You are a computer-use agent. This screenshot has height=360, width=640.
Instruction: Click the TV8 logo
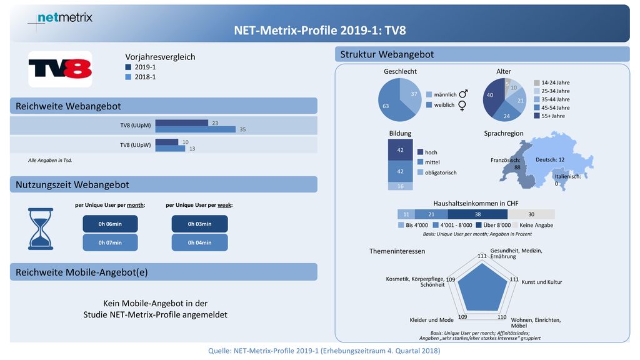click(x=60, y=69)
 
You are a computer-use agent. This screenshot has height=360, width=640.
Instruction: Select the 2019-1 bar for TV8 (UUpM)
click(x=182, y=123)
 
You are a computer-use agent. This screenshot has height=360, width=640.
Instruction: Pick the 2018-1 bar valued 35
click(x=196, y=129)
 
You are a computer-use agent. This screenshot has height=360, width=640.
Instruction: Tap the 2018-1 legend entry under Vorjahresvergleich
click(x=141, y=77)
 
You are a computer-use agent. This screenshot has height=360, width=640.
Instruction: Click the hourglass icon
click(x=41, y=229)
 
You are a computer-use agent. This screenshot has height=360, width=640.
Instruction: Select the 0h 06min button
click(x=110, y=224)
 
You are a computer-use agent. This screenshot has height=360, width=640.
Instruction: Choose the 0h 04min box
click(x=199, y=242)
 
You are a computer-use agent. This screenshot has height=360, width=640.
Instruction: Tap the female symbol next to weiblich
click(x=462, y=106)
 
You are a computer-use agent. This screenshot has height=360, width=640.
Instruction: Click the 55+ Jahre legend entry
click(x=549, y=116)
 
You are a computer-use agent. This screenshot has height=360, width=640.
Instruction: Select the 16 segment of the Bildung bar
click(x=401, y=186)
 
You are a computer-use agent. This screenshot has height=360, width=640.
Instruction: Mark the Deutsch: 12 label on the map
click(x=550, y=159)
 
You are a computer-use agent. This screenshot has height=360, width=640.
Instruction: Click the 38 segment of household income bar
click(x=477, y=214)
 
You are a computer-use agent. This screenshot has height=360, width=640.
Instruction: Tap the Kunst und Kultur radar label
click(x=542, y=282)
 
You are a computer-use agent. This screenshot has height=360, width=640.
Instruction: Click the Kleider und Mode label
click(x=431, y=320)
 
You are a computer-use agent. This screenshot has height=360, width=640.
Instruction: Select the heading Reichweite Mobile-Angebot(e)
click(x=82, y=272)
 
